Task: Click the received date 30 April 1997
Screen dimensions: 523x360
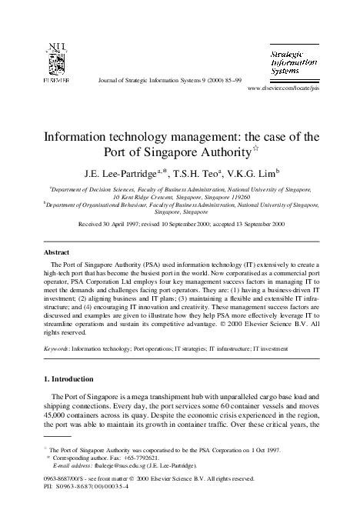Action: click(x=123, y=224)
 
